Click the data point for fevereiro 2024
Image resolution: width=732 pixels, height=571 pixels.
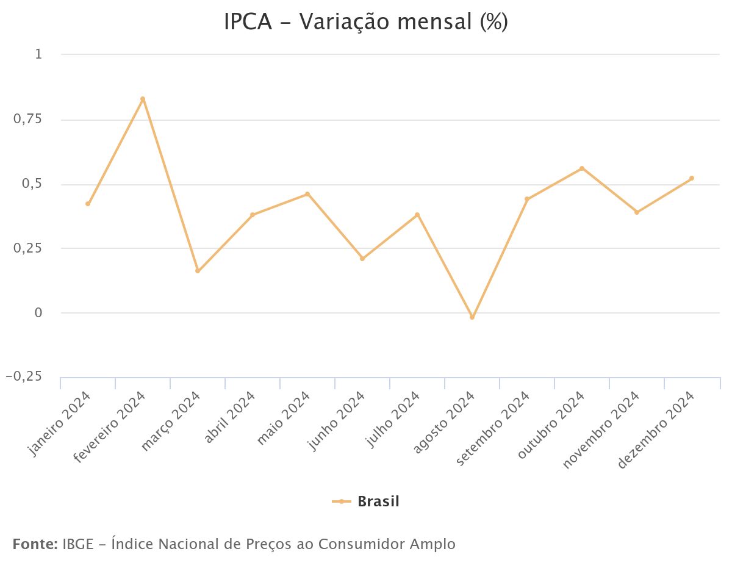click(143, 99)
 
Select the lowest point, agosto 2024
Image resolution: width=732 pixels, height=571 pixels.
click(472, 317)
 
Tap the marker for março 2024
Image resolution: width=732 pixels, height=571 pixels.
click(198, 271)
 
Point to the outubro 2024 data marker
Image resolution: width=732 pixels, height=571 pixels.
click(582, 168)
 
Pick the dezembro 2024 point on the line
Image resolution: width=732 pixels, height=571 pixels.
click(692, 178)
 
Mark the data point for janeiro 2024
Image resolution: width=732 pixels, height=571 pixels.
click(88, 204)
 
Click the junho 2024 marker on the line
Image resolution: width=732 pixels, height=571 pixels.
click(362, 259)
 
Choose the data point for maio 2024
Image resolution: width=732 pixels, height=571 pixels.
click(307, 194)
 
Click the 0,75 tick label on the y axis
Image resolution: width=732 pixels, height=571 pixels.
click(27, 119)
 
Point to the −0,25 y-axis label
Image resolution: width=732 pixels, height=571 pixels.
click(24, 377)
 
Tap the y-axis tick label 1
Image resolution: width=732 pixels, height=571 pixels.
click(38, 54)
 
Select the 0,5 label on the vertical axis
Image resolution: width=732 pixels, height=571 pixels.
click(32, 184)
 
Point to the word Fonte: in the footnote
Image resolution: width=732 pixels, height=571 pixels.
click(35, 544)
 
